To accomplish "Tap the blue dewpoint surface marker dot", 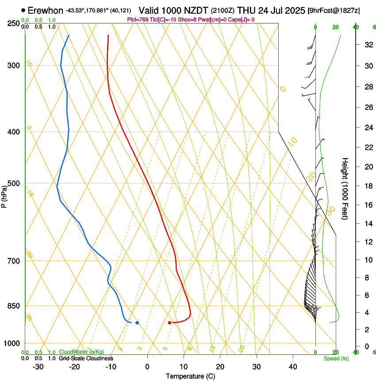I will coord(137,323).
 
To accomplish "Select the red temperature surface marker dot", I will coord(170,323).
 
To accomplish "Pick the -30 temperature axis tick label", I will coord(38,366).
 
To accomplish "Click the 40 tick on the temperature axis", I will coord(292,366).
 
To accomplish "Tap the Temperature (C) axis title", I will coord(190,376).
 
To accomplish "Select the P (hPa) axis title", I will coord(4,196).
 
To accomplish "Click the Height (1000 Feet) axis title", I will coord(345,189).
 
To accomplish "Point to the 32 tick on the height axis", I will coord(367,45).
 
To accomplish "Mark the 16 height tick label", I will coord(367,205).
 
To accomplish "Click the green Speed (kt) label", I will coord(336,358).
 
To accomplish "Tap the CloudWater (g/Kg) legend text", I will coord(82,352).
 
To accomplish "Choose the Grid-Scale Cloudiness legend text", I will coord(86,358).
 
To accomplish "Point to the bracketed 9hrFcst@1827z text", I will coord(333,10).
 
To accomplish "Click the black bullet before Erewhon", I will coord(23,10).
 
